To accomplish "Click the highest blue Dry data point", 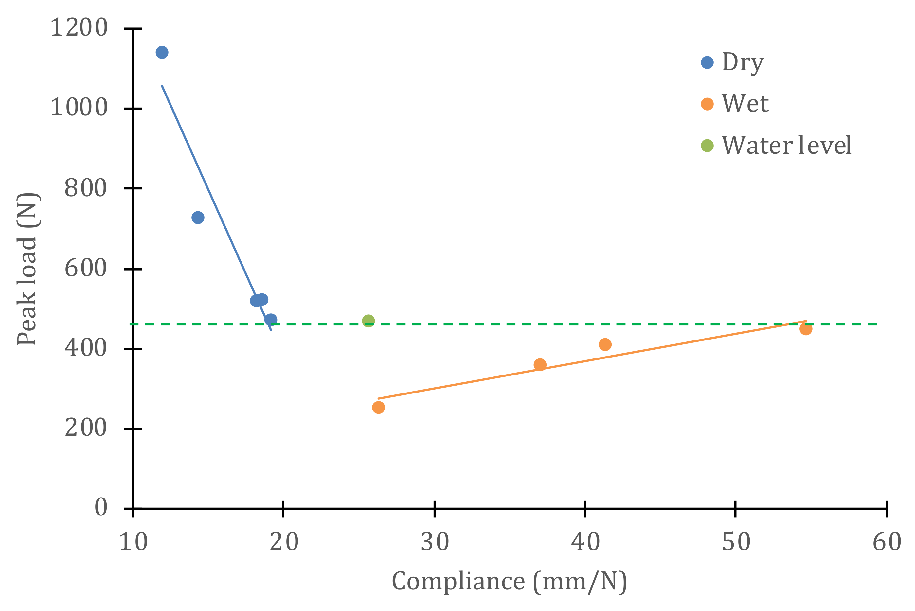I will pyautogui.click(x=162, y=52).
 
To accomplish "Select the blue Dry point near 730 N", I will pyautogui.click(x=198, y=218).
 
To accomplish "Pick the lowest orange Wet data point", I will pyautogui.click(x=378, y=408).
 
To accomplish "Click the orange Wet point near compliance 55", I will pyautogui.click(x=806, y=329).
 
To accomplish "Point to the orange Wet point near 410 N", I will pyautogui.click(x=605, y=344).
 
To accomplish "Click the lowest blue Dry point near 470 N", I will pyautogui.click(x=271, y=320).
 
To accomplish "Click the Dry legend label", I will pyautogui.click(x=743, y=62).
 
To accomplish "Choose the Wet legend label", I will pyautogui.click(x=745, y=104).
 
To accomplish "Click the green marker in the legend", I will pyautogui.click(x=707, y=146).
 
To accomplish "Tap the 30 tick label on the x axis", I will pyautogui.click(x=434, y=542).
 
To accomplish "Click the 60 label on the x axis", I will pyautogui.click(x=887, y=542).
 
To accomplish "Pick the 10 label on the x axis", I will pyautogui.click(x=133, y=542).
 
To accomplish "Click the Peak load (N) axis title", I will pyautogui.click(x=28, y=269).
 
